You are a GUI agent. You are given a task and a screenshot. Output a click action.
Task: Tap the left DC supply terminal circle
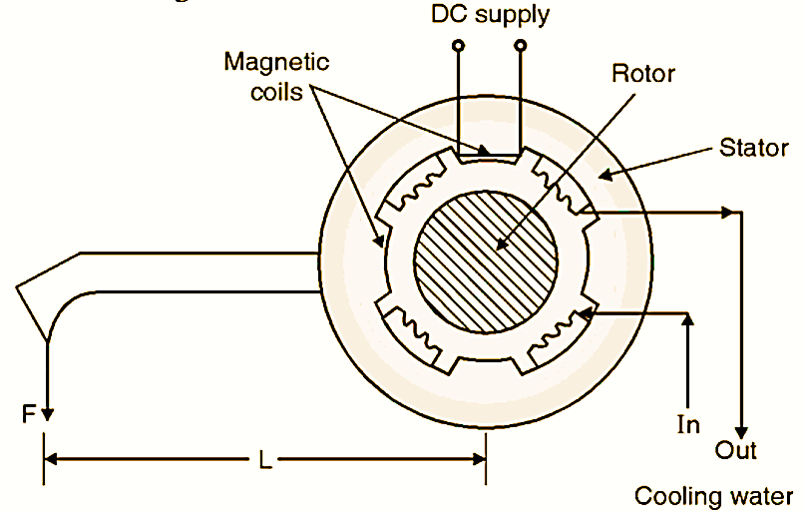coord(458,46)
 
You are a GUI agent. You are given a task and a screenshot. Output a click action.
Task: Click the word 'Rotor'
coord(643,74)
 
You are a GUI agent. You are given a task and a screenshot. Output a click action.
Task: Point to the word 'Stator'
coord(753,149)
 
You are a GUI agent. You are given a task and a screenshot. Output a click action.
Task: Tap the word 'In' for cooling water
coord(688,425)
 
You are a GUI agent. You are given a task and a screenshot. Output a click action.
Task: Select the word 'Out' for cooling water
coord(736,450)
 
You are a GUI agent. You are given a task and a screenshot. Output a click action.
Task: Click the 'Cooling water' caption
coord(714,495)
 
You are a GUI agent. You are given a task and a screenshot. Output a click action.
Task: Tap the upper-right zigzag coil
coord(559,188)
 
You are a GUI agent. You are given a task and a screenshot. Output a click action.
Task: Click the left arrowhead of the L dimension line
coord(52,460)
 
